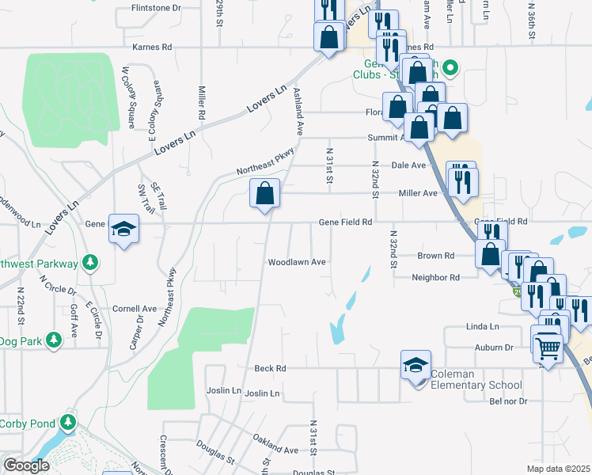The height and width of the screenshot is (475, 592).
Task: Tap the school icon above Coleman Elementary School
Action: (416, 365)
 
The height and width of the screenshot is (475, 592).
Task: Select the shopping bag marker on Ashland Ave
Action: (264, 193)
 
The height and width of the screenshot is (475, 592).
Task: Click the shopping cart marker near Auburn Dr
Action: (547, 345)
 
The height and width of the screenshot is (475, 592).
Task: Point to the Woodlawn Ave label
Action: (297, 262)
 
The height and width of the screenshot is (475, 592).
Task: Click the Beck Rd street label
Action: (270, 368)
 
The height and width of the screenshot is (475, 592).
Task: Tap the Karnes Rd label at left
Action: (152, 47)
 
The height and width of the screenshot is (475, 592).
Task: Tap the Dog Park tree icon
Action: (54, 340)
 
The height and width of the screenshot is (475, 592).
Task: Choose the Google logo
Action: (27, 465)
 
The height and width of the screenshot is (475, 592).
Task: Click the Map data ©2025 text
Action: (558, 469)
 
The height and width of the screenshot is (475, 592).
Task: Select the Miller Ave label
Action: (419, 193)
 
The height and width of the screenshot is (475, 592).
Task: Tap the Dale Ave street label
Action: (409, 165)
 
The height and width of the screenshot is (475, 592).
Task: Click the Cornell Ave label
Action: (134, 309)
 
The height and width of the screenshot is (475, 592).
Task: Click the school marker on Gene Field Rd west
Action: (123, 230)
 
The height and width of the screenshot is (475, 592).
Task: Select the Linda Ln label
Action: (483, 326)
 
